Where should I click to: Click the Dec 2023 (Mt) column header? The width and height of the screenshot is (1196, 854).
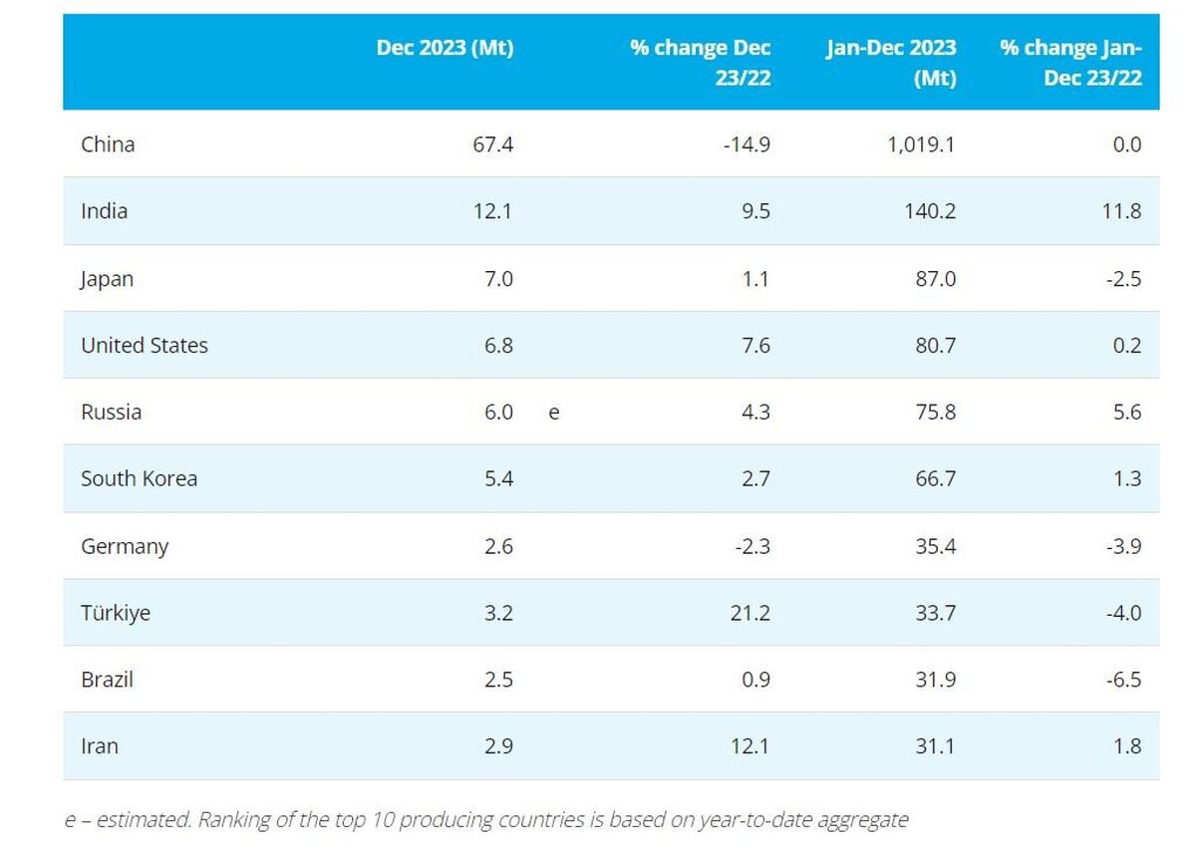(x=445, y=48)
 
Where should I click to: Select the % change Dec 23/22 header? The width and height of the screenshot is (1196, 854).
(x=700, y=63)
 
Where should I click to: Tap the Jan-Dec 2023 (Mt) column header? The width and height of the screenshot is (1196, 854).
(x=891, y=63)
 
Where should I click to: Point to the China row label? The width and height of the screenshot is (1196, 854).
(x=108, y=144)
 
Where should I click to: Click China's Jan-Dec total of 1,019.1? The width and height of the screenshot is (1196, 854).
(x=921, y=144)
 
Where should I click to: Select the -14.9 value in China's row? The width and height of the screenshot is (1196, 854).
(x=747, y=144)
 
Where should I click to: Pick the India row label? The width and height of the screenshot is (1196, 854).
(x=104, y=211)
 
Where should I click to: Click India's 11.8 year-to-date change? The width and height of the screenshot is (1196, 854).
(x=1122, y=211)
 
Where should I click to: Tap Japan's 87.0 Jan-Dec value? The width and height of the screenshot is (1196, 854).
(x=936, y=279)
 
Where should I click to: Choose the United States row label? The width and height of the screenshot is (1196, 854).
(x=145, y=346)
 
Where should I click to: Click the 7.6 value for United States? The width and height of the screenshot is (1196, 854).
(x=756, y=346)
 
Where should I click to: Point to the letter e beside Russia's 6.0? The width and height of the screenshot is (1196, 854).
(x=554, y=414)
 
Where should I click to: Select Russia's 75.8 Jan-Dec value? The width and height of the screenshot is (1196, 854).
(x=936, y=413)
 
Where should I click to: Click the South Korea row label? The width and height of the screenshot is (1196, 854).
(x=139, y=478)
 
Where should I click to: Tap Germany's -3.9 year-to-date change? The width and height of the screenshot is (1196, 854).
(x=1124, y=546)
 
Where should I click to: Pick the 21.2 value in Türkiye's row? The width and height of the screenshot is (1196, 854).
(x=750, y=613)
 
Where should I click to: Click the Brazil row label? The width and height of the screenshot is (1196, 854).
(x=107, y=680)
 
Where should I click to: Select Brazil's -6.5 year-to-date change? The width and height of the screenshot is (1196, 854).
(x=1124, y=680)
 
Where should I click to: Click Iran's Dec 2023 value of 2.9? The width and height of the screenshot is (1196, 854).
(x=498, y=746)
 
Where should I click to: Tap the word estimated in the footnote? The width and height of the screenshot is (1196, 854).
(x=144, y=819)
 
